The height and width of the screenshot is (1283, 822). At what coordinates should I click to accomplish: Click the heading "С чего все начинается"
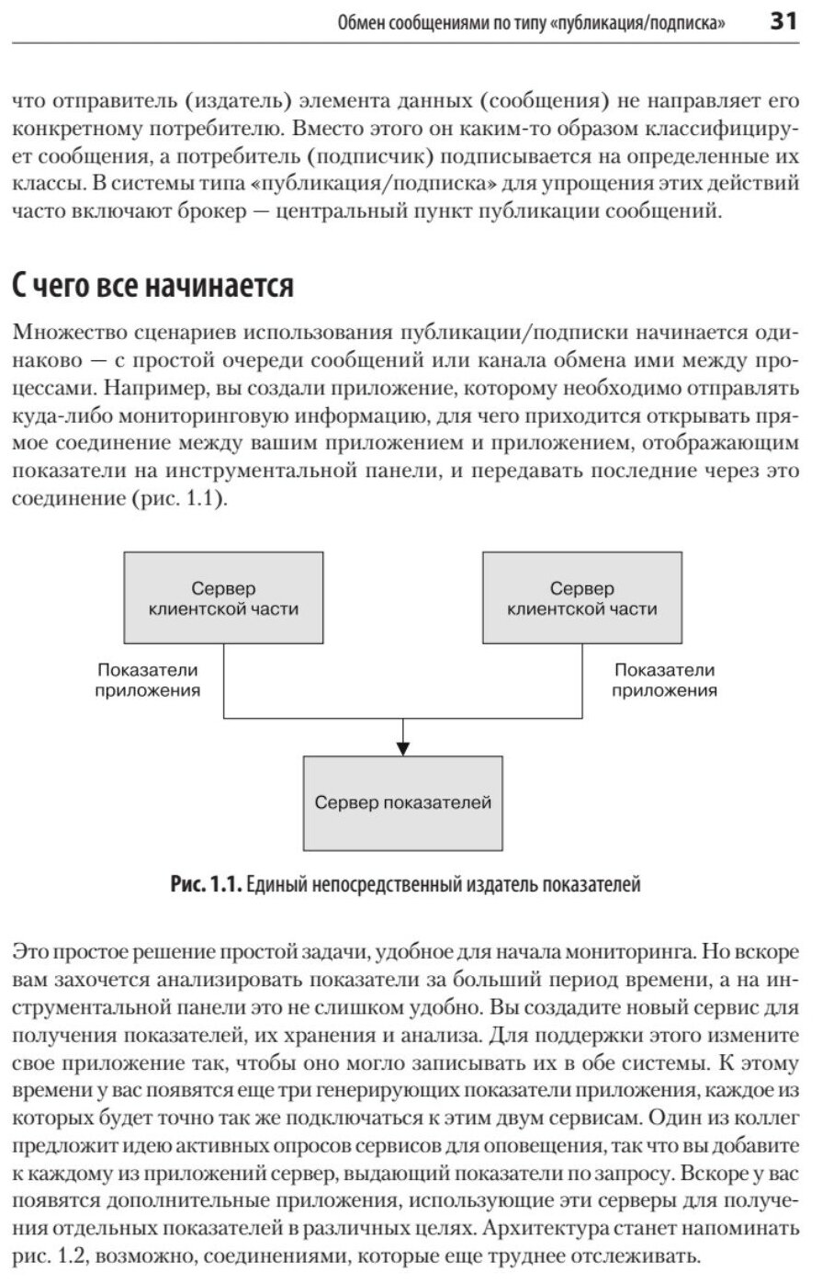click(x=152, y=286)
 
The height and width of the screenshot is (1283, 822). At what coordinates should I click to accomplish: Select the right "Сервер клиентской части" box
click(x=581, y=597)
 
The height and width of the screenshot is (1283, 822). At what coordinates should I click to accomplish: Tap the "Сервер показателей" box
click(x=403, y=802)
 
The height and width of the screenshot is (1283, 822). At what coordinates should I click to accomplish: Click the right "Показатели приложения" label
click(x=664, y=680)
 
